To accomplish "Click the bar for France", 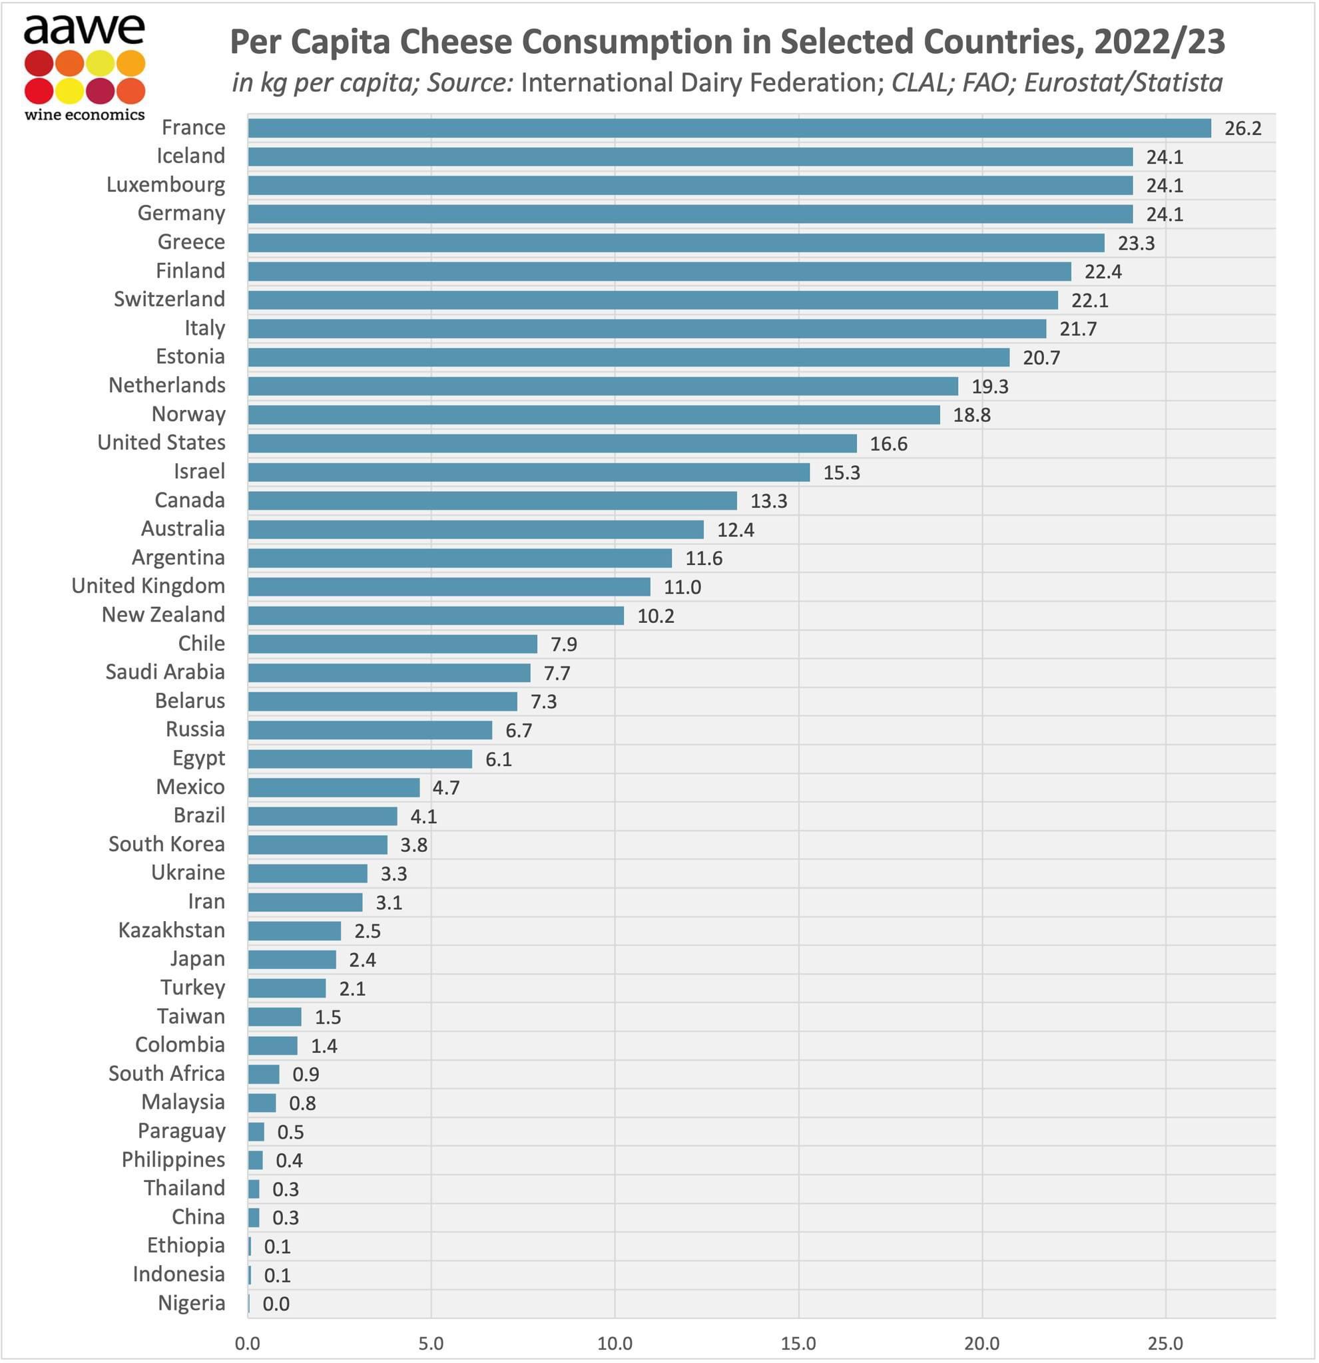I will coord(729,128).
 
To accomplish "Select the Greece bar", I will coord(676,244).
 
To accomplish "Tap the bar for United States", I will coord(552,444).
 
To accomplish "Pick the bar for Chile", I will coord(392,644).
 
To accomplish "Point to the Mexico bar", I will coord(334,787).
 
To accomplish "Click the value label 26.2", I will coord(1242,128).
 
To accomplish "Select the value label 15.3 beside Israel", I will coord(841,473).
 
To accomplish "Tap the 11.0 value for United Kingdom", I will coord(682,588).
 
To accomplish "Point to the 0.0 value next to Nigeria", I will coord(276,1304).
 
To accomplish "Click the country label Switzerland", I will coord(169,299).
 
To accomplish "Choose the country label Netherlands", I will coord(167,385).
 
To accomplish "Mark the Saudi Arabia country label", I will coord(165,672).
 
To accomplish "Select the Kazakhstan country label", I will coord(171,930).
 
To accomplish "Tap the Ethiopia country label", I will coord(186,1245).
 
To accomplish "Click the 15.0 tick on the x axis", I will coord(798,1344).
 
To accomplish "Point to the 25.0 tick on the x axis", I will coord(1165,1344).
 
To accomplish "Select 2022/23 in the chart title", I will coord(1159,42).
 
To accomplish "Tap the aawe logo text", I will coord(84,29).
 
